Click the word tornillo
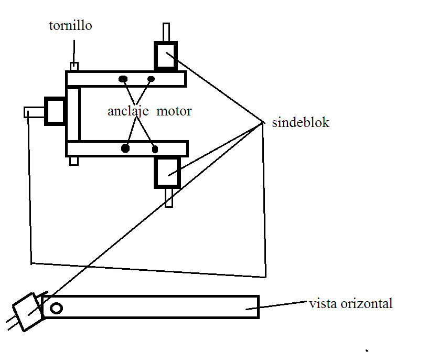[x=70, y=26]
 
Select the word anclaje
[x=128, y=111]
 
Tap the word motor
[x=174, y=111]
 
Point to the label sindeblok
[x=301, y=122]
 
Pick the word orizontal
[x=367, y=303]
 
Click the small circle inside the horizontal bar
[x=56, y=309]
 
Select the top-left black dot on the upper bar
[x=123, y=79]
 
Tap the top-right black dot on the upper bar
[x=151, y=79]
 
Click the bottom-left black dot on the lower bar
[x=125, y=149]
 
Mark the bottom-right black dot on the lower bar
[x=155, y=149]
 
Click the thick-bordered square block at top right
[x=166, y=56]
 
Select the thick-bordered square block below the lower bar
[x=167, y=173]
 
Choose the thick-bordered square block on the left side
[x=55, y=111]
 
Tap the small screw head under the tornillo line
[x=74, y=67]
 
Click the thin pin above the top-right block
[x=166, y=32]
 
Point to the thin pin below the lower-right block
[x=169, y=198]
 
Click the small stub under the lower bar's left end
[x=74, y=161]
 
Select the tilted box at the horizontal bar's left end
[x=29, y=312]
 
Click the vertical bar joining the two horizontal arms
[x=73, y=114]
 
